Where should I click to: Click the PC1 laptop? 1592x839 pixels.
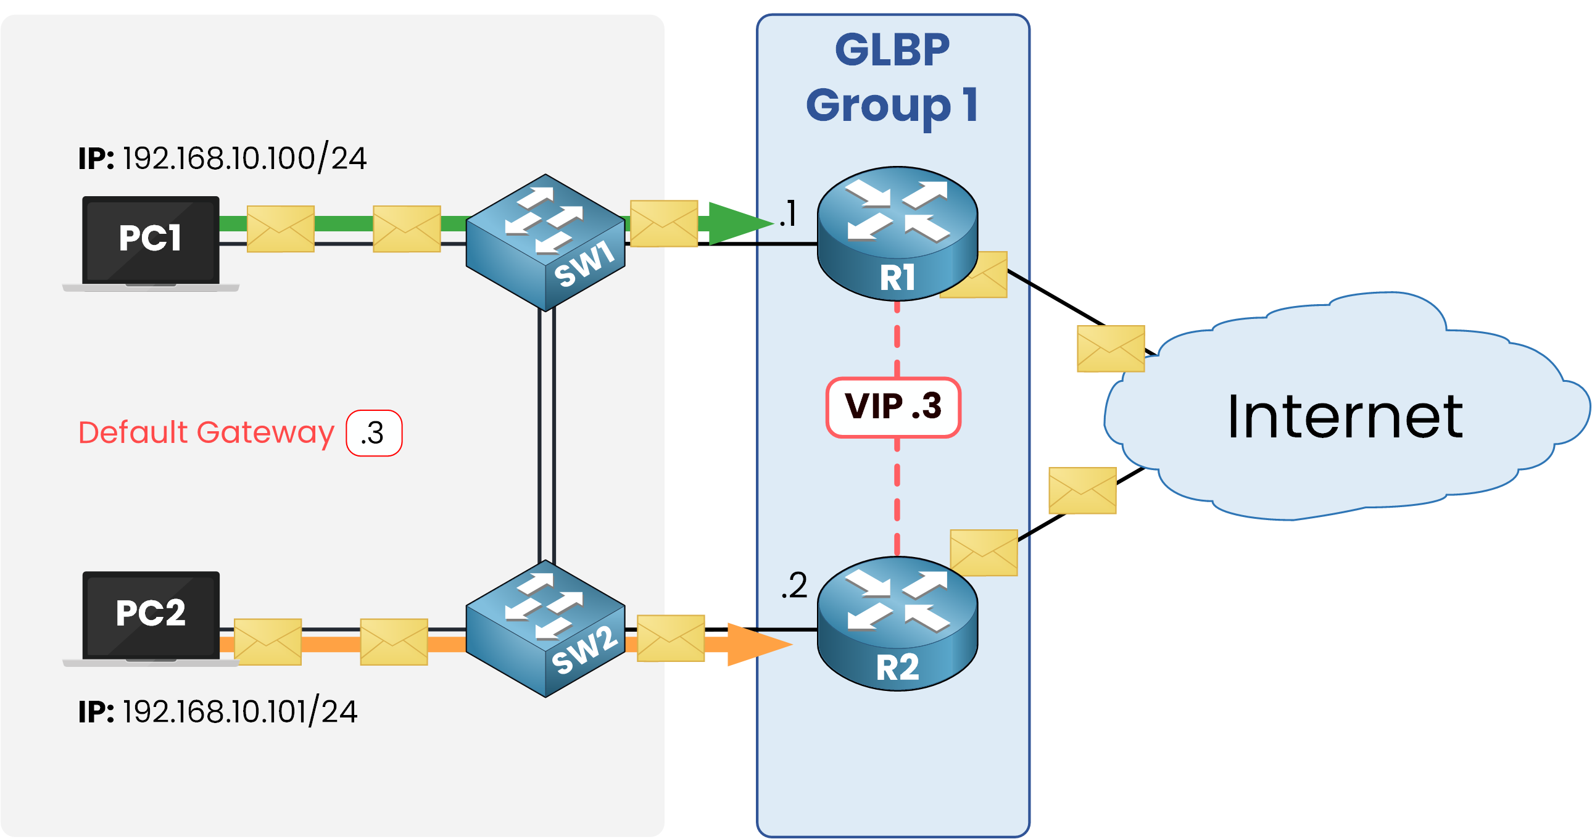pos(150,242)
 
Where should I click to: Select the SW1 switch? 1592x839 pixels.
pos(545,242)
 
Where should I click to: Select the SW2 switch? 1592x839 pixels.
pos(545,628)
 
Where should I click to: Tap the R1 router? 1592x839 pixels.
pos(897,234)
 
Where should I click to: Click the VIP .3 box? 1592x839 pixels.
pos(893,407)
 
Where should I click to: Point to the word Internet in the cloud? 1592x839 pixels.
pos(1344,418)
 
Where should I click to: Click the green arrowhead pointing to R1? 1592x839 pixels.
pos(739,223)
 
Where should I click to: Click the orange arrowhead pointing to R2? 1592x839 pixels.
pos(757,645)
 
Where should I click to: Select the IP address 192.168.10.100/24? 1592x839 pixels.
pos(244,158)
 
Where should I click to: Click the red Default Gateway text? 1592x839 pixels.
pos(206,432)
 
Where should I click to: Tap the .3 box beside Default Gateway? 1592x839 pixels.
pos(374,433)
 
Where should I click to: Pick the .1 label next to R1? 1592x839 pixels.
pos(788,214)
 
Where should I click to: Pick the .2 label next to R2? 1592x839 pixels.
pos(794,585)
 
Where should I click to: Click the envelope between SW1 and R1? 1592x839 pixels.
pos(664,223)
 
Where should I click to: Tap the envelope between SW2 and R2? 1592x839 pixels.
pos(671,638)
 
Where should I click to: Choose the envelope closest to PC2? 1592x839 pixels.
pos(268,642)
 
